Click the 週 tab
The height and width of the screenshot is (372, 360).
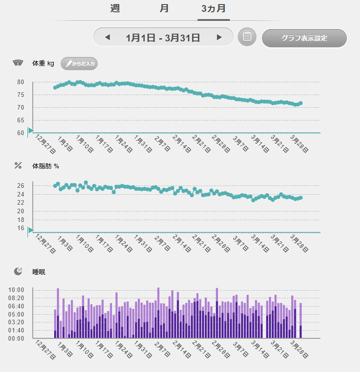click(x=115, y=9)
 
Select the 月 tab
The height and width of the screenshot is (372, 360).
click(x=164, y=9)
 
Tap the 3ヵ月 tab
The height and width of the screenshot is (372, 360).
click(x=213, y=9)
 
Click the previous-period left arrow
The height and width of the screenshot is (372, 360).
click(x=107, y=37)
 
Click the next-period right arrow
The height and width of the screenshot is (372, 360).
click(x=219, y=37)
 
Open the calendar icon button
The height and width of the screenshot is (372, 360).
click(x=247, y=37)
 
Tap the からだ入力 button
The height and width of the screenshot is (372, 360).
click(x=79, y=64)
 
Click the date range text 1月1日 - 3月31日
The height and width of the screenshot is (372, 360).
click(x=163, y=37)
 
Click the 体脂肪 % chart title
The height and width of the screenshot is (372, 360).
click(x=46, y=166)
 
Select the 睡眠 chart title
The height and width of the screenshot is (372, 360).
click(x=39, y=272)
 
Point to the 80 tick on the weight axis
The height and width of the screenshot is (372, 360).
click(x=20, y=82)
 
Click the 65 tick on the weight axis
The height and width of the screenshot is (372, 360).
click(x=20, y=121)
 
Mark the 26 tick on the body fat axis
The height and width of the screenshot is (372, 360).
click(x=20, y=186)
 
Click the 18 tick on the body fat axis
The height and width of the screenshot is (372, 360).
click(x=20, y=220)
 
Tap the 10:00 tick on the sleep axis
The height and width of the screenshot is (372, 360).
click(x=16, y=290)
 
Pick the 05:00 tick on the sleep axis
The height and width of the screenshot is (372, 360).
click(x=16, y=314)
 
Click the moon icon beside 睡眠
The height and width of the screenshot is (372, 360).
click(x=18, y=271)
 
